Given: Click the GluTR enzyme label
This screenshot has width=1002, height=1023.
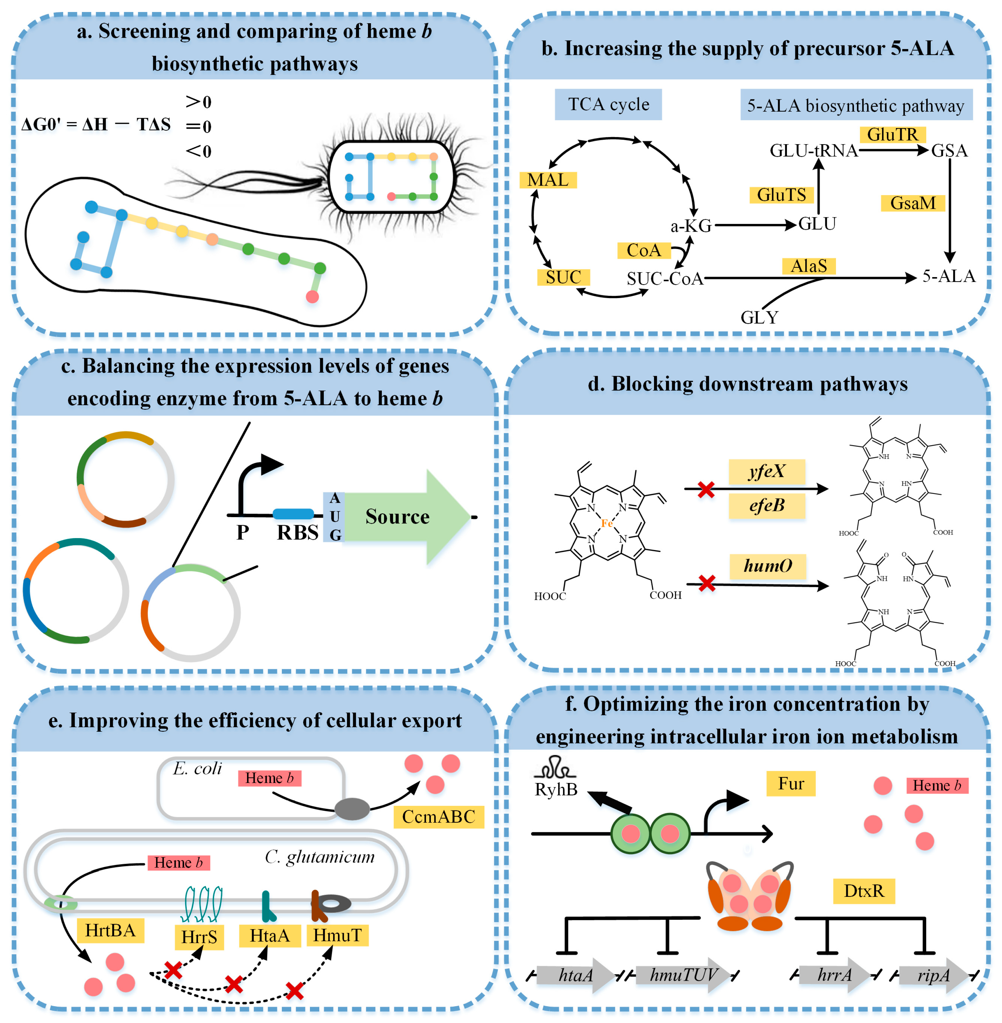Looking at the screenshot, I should tap(893, 135).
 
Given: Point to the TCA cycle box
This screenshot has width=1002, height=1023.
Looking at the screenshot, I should tap(608, 104).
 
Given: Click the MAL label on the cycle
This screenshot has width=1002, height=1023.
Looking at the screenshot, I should tap(548, 180).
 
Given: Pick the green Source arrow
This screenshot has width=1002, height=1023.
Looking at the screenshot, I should tap(405, 517).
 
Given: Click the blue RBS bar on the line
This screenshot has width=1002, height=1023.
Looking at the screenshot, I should tap(293, 514).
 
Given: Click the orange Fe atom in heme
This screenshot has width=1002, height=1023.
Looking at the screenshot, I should tap(607, 523).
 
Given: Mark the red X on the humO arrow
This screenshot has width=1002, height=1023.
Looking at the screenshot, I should tap(707, 583).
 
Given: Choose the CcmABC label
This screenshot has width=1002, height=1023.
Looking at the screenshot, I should tap(438, 817).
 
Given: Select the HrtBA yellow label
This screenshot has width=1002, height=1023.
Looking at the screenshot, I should tap(111, 930).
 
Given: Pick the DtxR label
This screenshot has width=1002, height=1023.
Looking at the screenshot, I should tap(864, 891).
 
